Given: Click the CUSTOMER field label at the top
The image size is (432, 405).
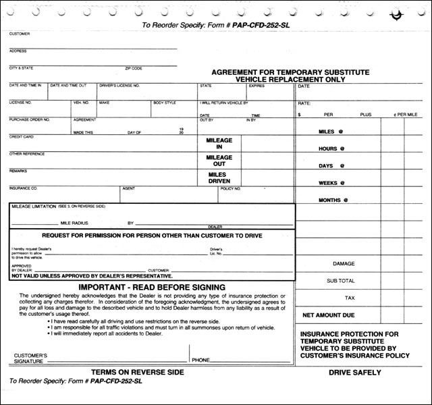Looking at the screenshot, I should coord(19,32).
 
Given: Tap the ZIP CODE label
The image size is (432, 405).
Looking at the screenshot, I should coord(133,67).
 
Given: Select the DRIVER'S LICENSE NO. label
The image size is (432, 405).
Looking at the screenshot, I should coord(119,86).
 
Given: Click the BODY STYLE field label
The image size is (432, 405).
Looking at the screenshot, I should coord(164,103).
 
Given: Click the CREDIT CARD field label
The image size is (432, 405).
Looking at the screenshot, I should coord(21,137).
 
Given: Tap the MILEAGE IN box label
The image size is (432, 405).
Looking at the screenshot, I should coord(219,144).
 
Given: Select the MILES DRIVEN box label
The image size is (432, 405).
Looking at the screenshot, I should coord(219,178).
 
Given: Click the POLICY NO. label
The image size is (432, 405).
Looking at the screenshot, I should coord(230,188).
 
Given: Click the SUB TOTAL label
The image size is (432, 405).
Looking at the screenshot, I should coord(340,280).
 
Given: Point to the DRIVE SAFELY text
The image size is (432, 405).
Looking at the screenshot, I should coord(355,373).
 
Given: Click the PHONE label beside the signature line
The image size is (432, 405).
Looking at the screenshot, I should coord(200,360).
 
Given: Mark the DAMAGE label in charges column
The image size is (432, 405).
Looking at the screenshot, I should coord(343,264).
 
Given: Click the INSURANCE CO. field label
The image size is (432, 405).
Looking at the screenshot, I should coord(23,188).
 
